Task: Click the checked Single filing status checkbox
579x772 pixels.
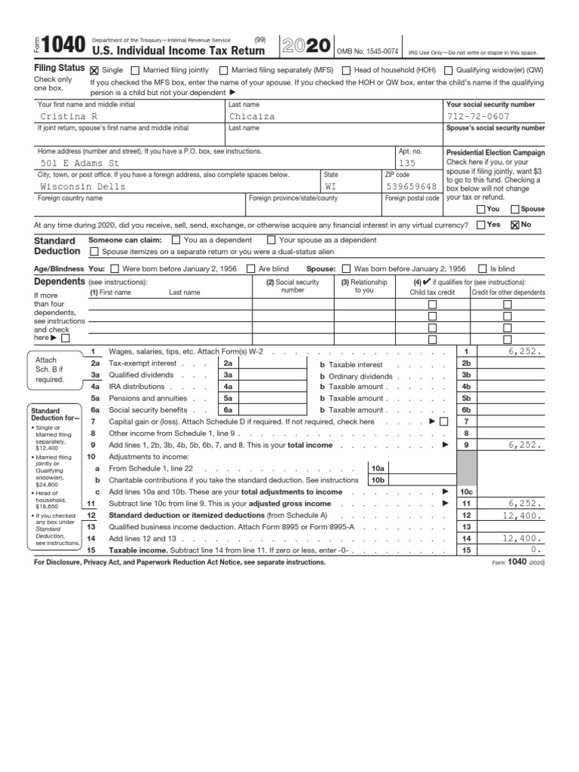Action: point(94,70)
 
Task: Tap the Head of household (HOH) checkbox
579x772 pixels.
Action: point(346,70)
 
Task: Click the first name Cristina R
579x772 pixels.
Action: point(68,117)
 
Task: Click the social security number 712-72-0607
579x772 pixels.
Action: point(478,117)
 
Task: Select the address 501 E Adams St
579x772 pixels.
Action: point(80,163)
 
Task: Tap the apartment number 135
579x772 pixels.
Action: point(407,163)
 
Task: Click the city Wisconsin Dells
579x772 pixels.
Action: point(83,186)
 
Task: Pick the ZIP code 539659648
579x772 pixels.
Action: point(411,186)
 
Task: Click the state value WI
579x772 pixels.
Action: point(332,186)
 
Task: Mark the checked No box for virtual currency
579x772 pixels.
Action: point(516,225)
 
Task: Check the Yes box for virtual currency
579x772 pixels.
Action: point(481,225)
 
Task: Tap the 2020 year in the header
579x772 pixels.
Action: point(305,46)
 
